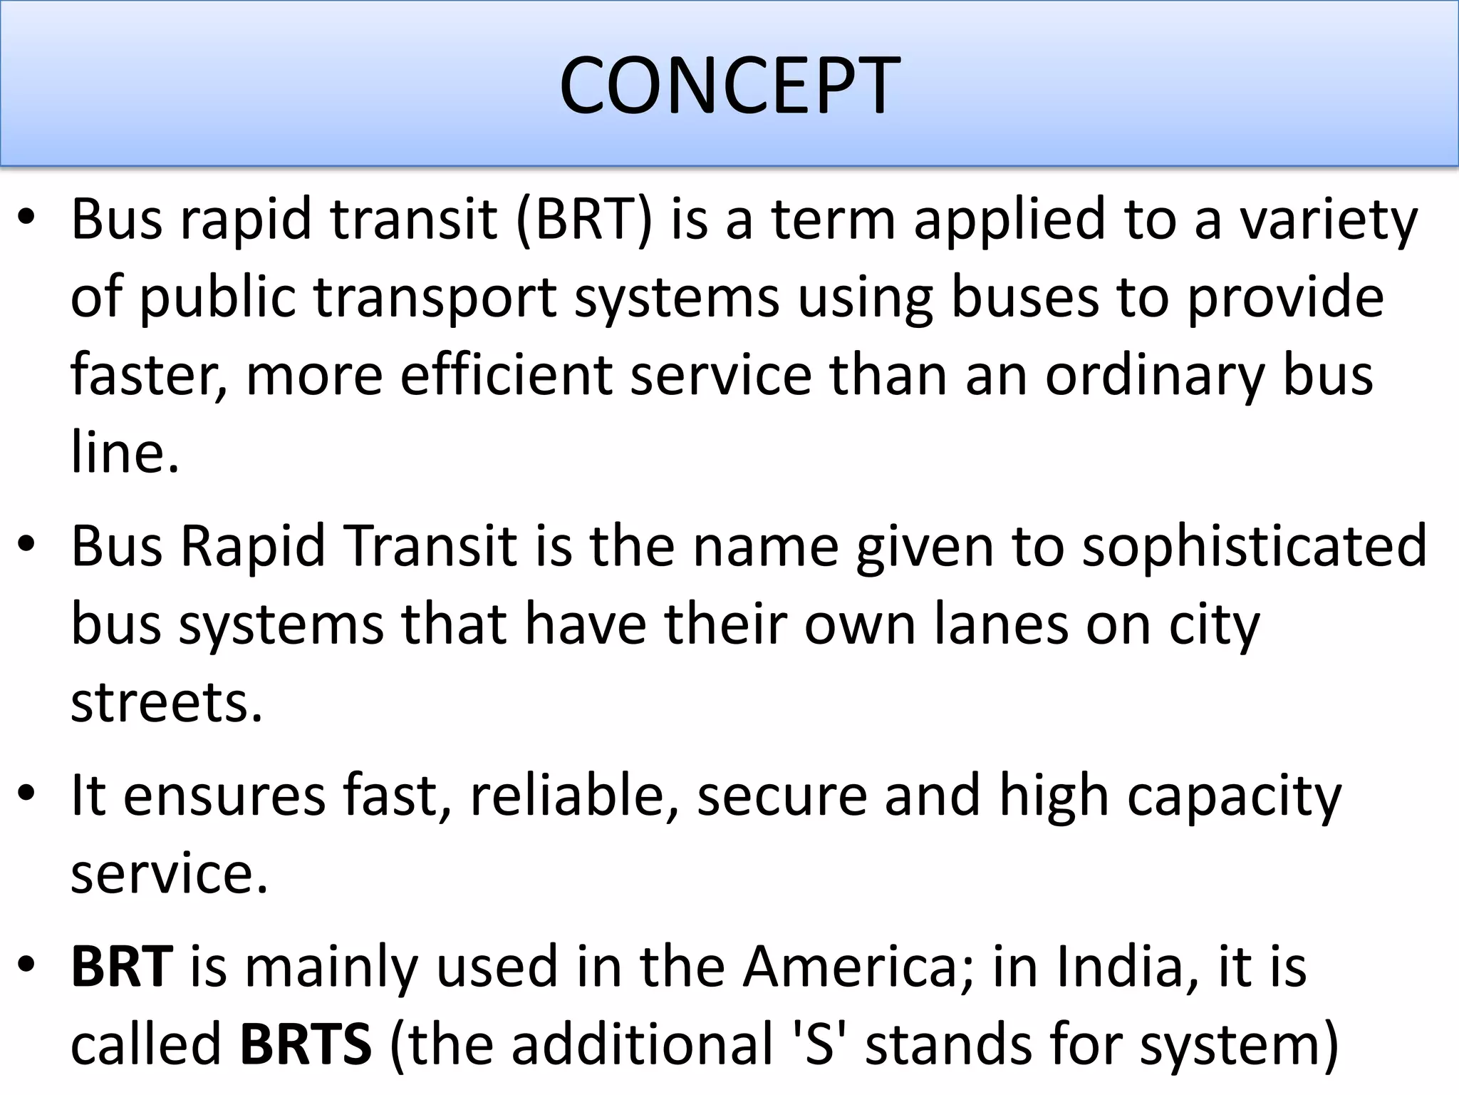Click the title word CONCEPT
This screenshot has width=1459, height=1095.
pyautogui.click(x=729, y=86)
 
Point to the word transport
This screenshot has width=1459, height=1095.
pyautogui.click(x=435, y=298)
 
